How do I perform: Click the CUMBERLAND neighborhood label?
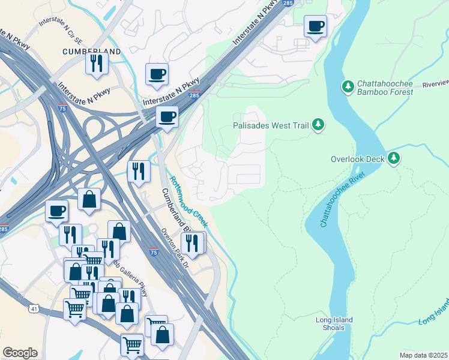[x=91, y=52]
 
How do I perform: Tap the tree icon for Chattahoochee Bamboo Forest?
[x=348, y=87]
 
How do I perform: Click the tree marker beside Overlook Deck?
[x=393, y=158]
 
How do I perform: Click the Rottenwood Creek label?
[x=188, y=201]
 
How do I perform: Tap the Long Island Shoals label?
[x=334, y=323]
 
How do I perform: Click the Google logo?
[x=20, y=353]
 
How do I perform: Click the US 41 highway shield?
[x=32, y=308]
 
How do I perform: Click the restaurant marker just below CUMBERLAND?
[x=96, y=64]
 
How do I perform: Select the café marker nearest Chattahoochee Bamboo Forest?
[x=315, y=26]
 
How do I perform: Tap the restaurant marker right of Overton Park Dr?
[x=193, y=242]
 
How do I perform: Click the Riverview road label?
[x=435, y=83]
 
